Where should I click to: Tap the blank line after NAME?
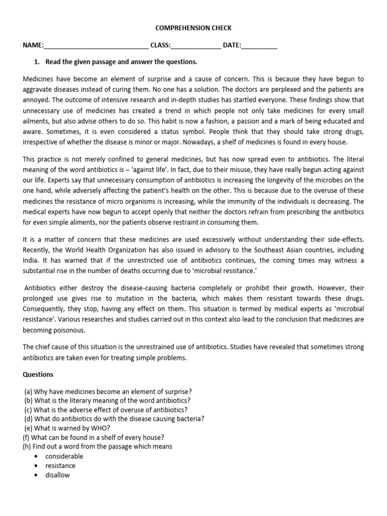96,46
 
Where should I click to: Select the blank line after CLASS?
196,46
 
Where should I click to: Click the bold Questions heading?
40,374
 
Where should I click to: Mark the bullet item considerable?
64,456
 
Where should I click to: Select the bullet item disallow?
57,475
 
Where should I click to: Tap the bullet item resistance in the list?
60,466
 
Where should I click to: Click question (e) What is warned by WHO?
67,428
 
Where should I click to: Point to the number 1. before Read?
36,62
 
